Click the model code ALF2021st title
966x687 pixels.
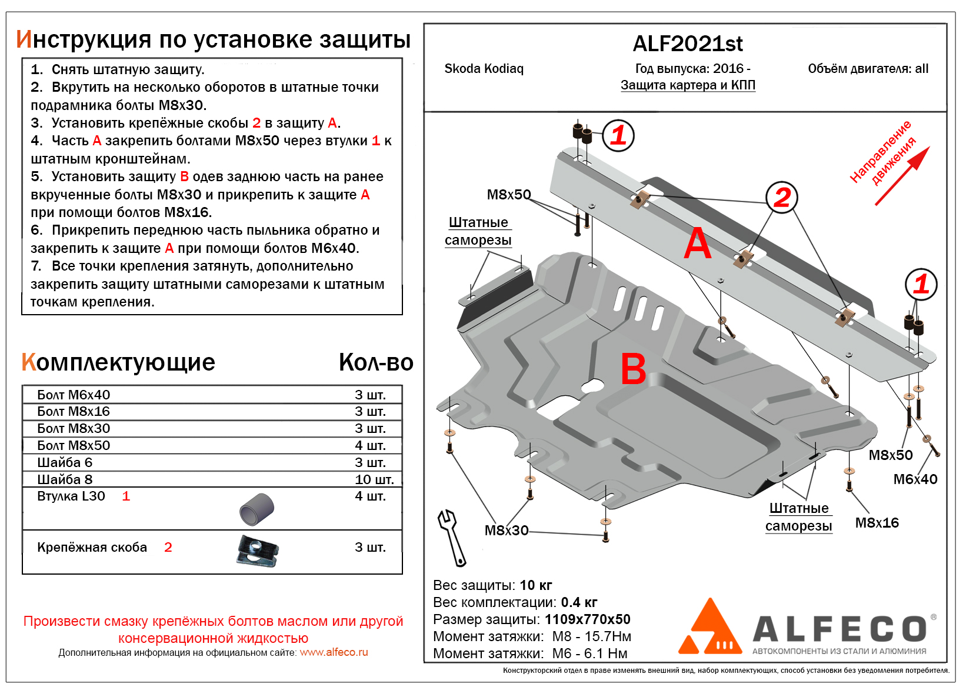[x=687, y=44]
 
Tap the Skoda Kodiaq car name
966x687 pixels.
[x=484, y=69]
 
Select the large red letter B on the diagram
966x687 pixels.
[x=633, y=369]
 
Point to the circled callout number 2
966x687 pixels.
[x=781, y=198]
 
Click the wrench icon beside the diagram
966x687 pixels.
[x=451, y=536]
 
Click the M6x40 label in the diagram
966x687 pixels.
[x=915, y=479]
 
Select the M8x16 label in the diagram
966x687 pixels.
[x=877, y=523]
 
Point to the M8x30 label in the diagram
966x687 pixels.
[x=506, y=531]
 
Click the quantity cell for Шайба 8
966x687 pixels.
[x=374, y=479]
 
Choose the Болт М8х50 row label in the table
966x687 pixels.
[x=74, y=445]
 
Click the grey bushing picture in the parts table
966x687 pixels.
[x=257, y=509]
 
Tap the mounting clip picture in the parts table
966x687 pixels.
[x=258, y=551]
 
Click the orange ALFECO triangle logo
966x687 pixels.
[x=711, y=629]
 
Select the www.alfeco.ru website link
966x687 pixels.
[x=334, y=652]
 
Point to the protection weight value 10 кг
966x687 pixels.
[x=535, y=585]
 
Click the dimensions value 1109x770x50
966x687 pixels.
[x=587, y=619]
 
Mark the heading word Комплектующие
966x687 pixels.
[x=118, y=362]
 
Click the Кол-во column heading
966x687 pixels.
[x=376, y=362]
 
